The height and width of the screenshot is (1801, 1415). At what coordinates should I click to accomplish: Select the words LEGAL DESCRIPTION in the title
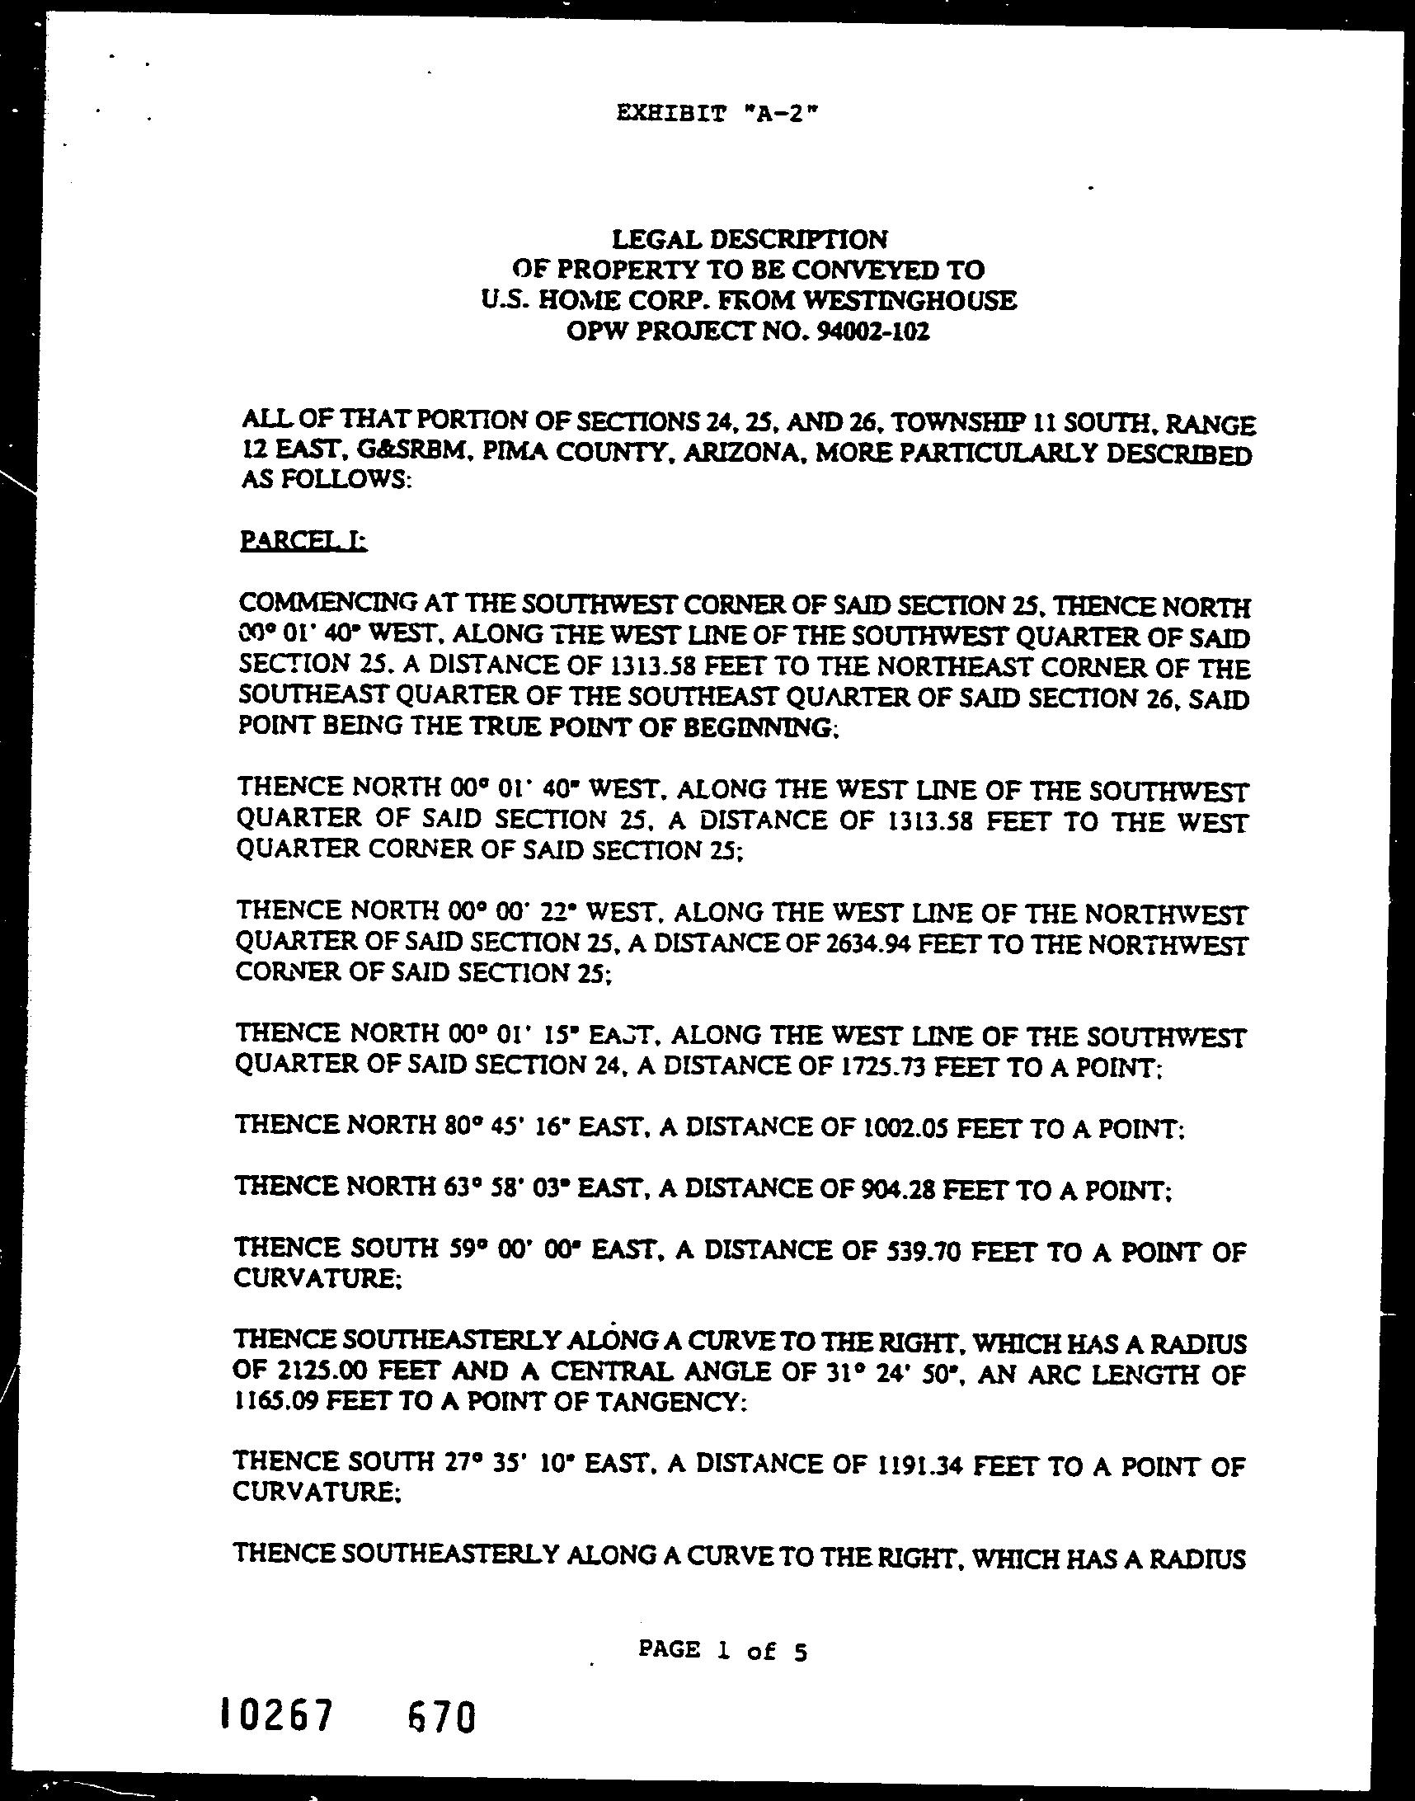tap(749, 240)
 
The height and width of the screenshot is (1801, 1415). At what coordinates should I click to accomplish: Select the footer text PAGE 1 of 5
tap(722, 1628)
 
